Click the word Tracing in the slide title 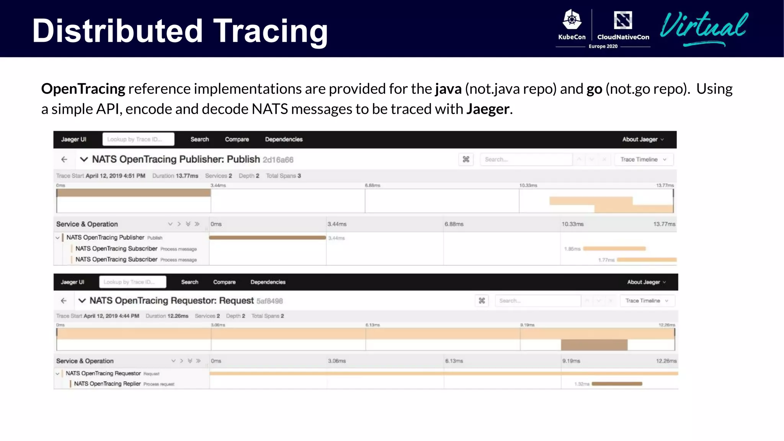[270, 31]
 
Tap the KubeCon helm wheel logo [572, 20]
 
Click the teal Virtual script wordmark [704, 27]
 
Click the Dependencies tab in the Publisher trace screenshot [284, 139]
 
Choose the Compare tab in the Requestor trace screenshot [224, 282]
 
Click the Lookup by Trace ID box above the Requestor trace [132, 282]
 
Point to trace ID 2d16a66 [278, 160]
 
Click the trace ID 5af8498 [269, 301]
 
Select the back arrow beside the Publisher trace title [64, 159]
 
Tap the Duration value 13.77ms [187, 176]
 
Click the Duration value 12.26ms [178, 316]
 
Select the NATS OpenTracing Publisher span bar [267, 238]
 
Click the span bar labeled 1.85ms [614, 249]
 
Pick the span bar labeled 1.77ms [647, 260]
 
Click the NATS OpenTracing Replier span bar [617, 384]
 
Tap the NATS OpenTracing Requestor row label [103, 373]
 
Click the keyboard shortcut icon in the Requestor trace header [482, 301]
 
